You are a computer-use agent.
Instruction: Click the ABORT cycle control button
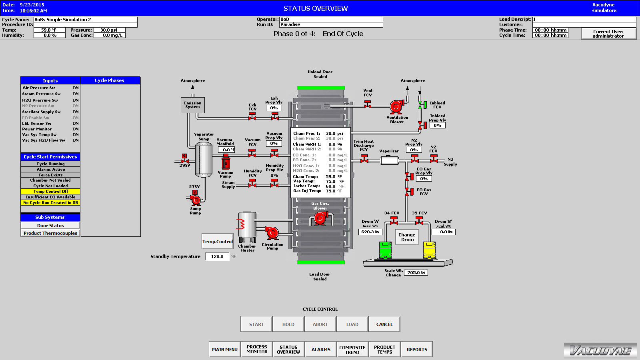tap(320, 324)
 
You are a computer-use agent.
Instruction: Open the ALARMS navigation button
tap(321, 350)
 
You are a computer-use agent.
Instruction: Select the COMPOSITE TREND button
tap(352, 350)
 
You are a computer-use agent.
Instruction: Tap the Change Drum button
tap(407, 237)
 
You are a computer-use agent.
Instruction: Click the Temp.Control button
tap(217, 242)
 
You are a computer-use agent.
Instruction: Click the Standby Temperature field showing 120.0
tap(217, 256)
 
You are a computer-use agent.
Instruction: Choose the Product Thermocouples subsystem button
tap(50, 233)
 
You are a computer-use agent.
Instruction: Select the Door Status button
tap(50, 226)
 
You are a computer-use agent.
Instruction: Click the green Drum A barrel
tap(385, 250)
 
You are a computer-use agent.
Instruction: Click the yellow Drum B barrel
tap(429, 250)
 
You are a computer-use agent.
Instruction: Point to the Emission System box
tap(192, 105)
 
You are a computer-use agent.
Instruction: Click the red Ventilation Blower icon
tap(396, 106)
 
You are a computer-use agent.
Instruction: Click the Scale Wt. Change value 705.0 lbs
tap(416, 272)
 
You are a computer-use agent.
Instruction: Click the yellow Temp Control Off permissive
tap(50, 192)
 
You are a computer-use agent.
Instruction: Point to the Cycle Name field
tap(85, 20)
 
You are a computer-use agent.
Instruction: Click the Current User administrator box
tap(608, 34)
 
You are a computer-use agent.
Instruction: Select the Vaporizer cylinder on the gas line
tap(389, 161)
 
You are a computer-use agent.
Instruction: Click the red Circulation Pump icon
tap(272, 233)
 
